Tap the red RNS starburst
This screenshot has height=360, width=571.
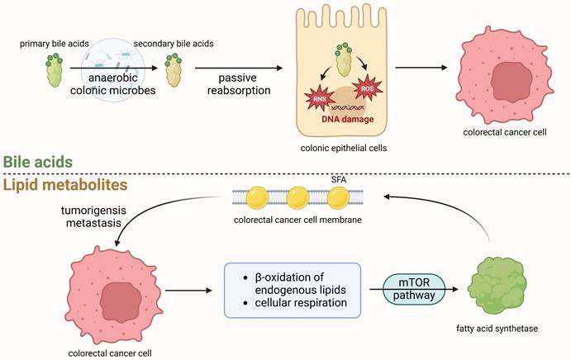(x=321, y=102)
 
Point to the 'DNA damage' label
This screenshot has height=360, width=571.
(x=349, y=121)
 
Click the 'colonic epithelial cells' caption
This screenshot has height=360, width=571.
(x=349, y=149)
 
